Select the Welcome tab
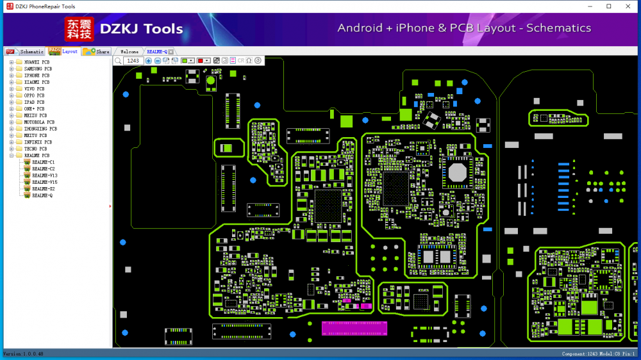(x=129, y=51)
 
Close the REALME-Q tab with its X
(x=171, y=51)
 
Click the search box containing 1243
(x=133, y=61)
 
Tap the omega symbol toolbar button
(x=249, y=61)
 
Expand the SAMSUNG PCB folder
(x=12, y=69)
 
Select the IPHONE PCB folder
(x=37, y=76)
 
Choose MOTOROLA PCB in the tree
(x=38, y=122)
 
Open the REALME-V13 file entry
(x=44, y=176)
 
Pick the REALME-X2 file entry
(x=43, y=189)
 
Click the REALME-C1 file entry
(x=43, y=162)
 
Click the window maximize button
(x=608, y=6)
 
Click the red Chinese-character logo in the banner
(x=79, y=29)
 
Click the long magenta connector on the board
(x=354, y=329)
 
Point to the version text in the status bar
(x=23, y=354)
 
